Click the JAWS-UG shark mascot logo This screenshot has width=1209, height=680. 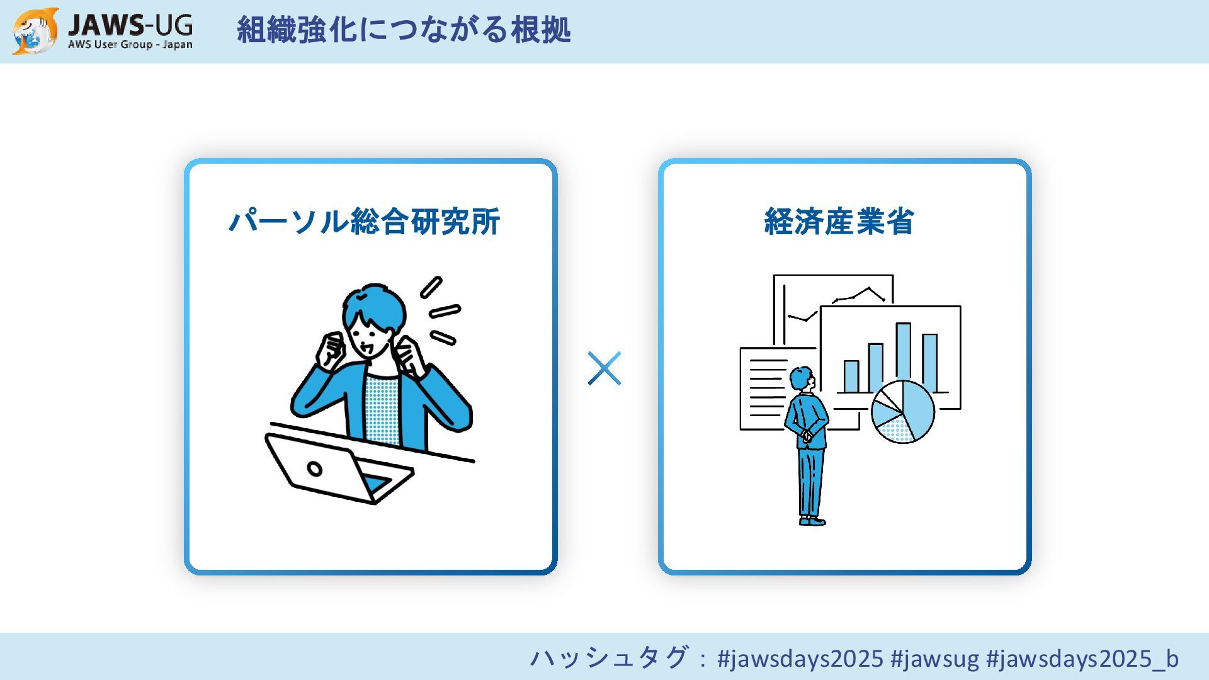point(35,31)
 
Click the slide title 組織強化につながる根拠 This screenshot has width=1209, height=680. point(403,30)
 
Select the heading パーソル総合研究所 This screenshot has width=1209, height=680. point(364,222)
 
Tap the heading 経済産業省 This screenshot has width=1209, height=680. point(839,222)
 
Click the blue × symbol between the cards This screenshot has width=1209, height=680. point(604,368)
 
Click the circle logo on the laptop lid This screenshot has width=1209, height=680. point(314,468)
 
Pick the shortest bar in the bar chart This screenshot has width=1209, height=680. point(851,377)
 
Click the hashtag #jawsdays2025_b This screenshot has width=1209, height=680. point(1082,659)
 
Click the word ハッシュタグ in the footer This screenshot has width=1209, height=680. point(609,658)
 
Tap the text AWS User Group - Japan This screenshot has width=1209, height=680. point(130,45)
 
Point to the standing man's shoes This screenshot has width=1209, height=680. point(812,521)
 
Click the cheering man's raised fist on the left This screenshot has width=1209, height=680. point(331,350)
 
